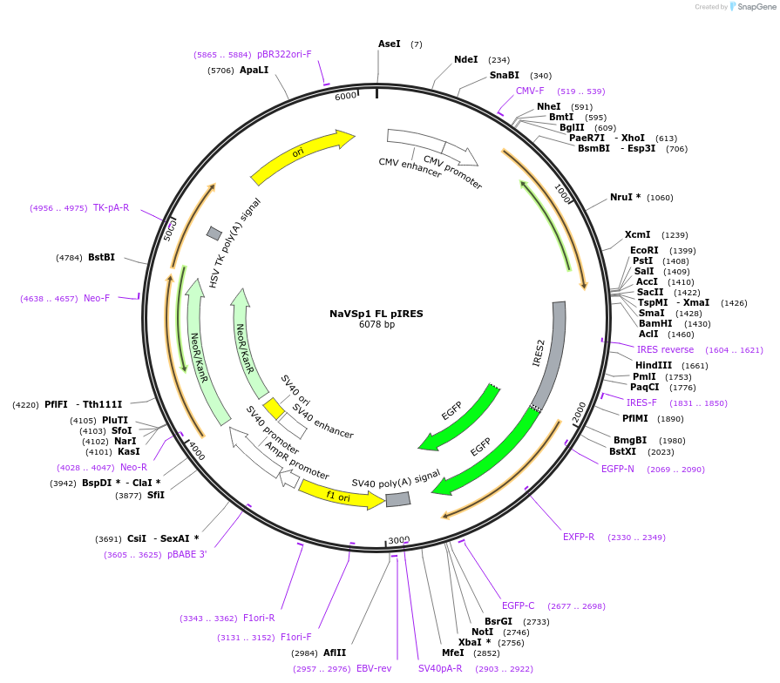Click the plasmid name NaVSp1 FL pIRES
point(376,314)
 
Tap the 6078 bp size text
point(376,325)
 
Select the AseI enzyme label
point(389,44)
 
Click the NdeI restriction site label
point(465,60)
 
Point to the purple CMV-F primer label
point(529,91)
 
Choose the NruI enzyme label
point(625,197)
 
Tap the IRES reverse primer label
point(665,349)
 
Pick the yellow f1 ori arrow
point(340,496)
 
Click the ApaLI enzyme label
point(254,70)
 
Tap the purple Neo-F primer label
point(97,298)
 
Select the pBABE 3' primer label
point(187,554)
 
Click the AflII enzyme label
point(335,653)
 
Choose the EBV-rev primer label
point(374,668)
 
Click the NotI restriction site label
point(482,632)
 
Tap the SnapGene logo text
point(756,7)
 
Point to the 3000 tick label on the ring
point(398,540)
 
